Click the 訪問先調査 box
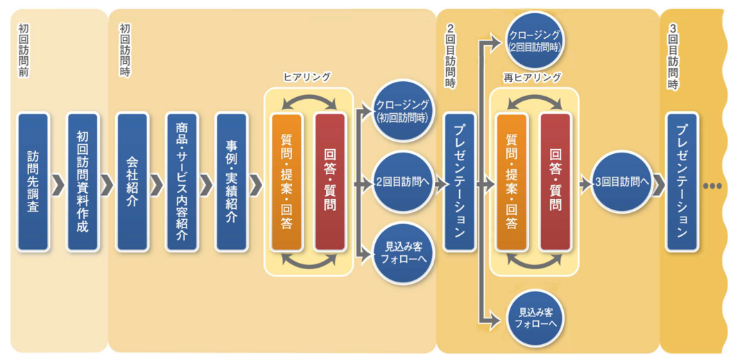[x=33, y=182]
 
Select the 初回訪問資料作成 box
[x=83, y=182]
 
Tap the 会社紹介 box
[x=132, y=182]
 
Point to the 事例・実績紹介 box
[x=232, y=182]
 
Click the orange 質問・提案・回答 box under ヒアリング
[x=286, y=182]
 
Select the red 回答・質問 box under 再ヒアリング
[x=555, y=182]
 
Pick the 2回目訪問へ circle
[x=403, y=183]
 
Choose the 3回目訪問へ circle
[x=621, y=182]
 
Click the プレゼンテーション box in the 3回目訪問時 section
[x=682, y=182]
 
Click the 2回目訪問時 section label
[x=451, y=55]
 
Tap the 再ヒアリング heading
[x=533, y=78]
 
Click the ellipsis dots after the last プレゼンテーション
[x=712, y=187]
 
